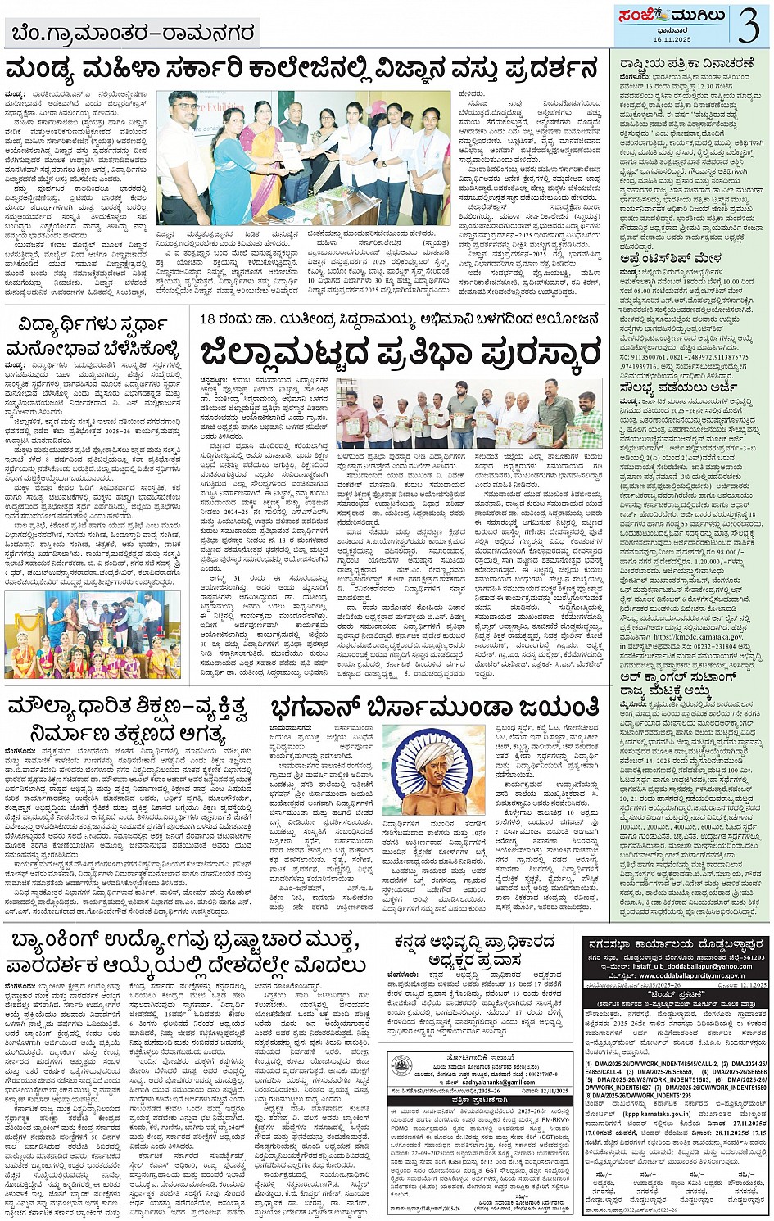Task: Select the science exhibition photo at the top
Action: pyautogui.click(x=303, y=158)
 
